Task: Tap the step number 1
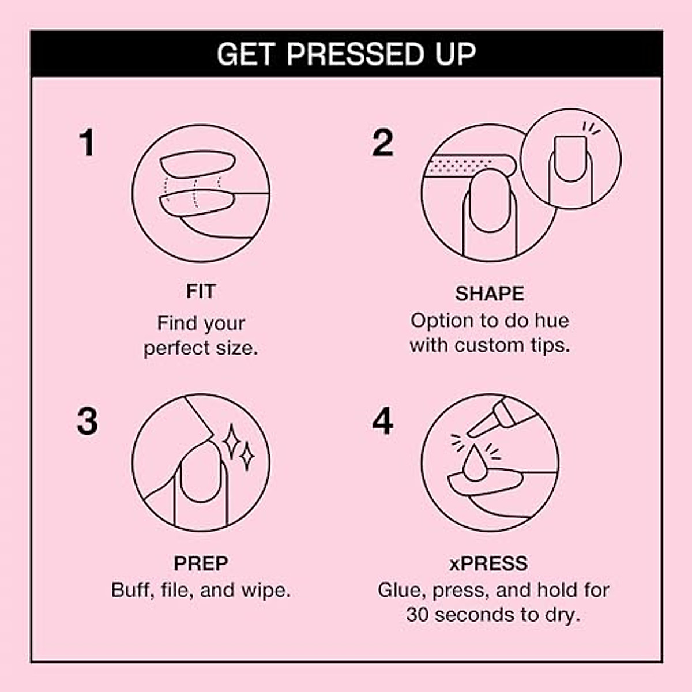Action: [x=86, y=143]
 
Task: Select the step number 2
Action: [x=382, y=143]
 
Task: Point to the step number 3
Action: [x=87, y=422]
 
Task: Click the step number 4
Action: [x=382, y=422]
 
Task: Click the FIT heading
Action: [x=200, y=291]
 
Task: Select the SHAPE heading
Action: [x=490, y=294]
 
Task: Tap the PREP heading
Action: [x=201, y=563]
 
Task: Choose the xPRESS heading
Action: [x=488, y=563]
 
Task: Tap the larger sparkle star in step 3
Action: [x=232, y=441]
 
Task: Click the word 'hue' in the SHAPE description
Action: [x=551, y=321]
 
